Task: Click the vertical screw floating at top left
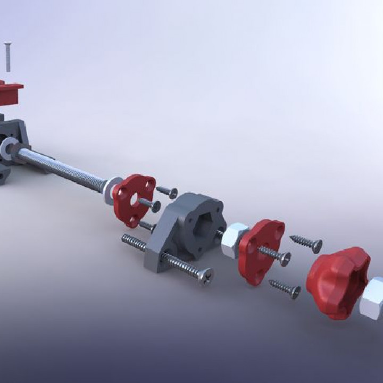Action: [8, 57]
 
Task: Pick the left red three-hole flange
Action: [133, 198]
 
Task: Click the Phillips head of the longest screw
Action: [205, 276]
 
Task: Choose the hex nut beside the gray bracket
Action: [234, 240]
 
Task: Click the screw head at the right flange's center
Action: [285, 259]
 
